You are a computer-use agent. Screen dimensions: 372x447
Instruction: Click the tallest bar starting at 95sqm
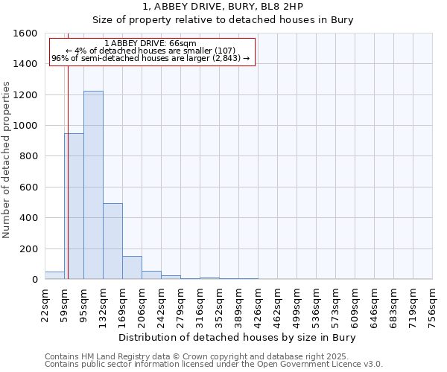pyautogui.click(x=93, y=186)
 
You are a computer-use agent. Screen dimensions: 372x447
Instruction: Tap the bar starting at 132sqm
pyautogui.click(x=112, y=242)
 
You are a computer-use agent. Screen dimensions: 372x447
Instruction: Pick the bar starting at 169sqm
pyautogui.click(x=132, y=268)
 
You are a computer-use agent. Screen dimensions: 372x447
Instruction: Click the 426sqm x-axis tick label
pyautogui.click(x=259, y=305)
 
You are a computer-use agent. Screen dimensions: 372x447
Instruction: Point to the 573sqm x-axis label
pyautogui.click(x=336, y=305)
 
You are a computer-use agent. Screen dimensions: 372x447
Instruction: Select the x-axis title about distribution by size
pyautogui.click(x=238, y=338)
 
